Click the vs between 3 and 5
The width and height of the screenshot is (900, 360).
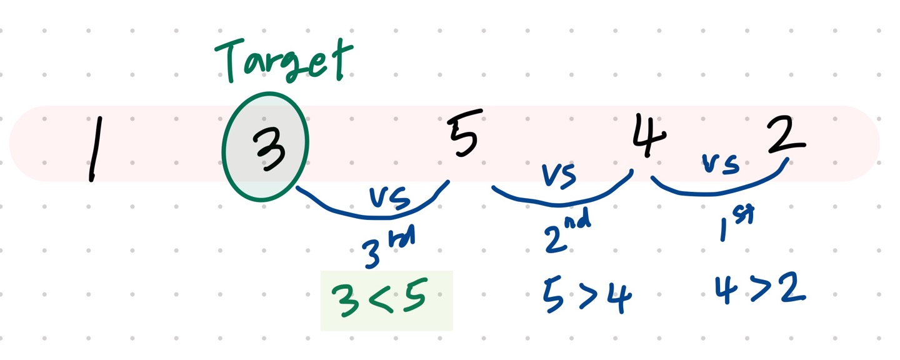click(389, 199)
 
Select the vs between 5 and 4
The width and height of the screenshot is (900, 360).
click(559, 176)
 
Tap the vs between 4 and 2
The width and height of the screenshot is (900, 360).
click(721, 164)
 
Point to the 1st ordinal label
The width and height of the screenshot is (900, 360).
click(735, 222)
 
